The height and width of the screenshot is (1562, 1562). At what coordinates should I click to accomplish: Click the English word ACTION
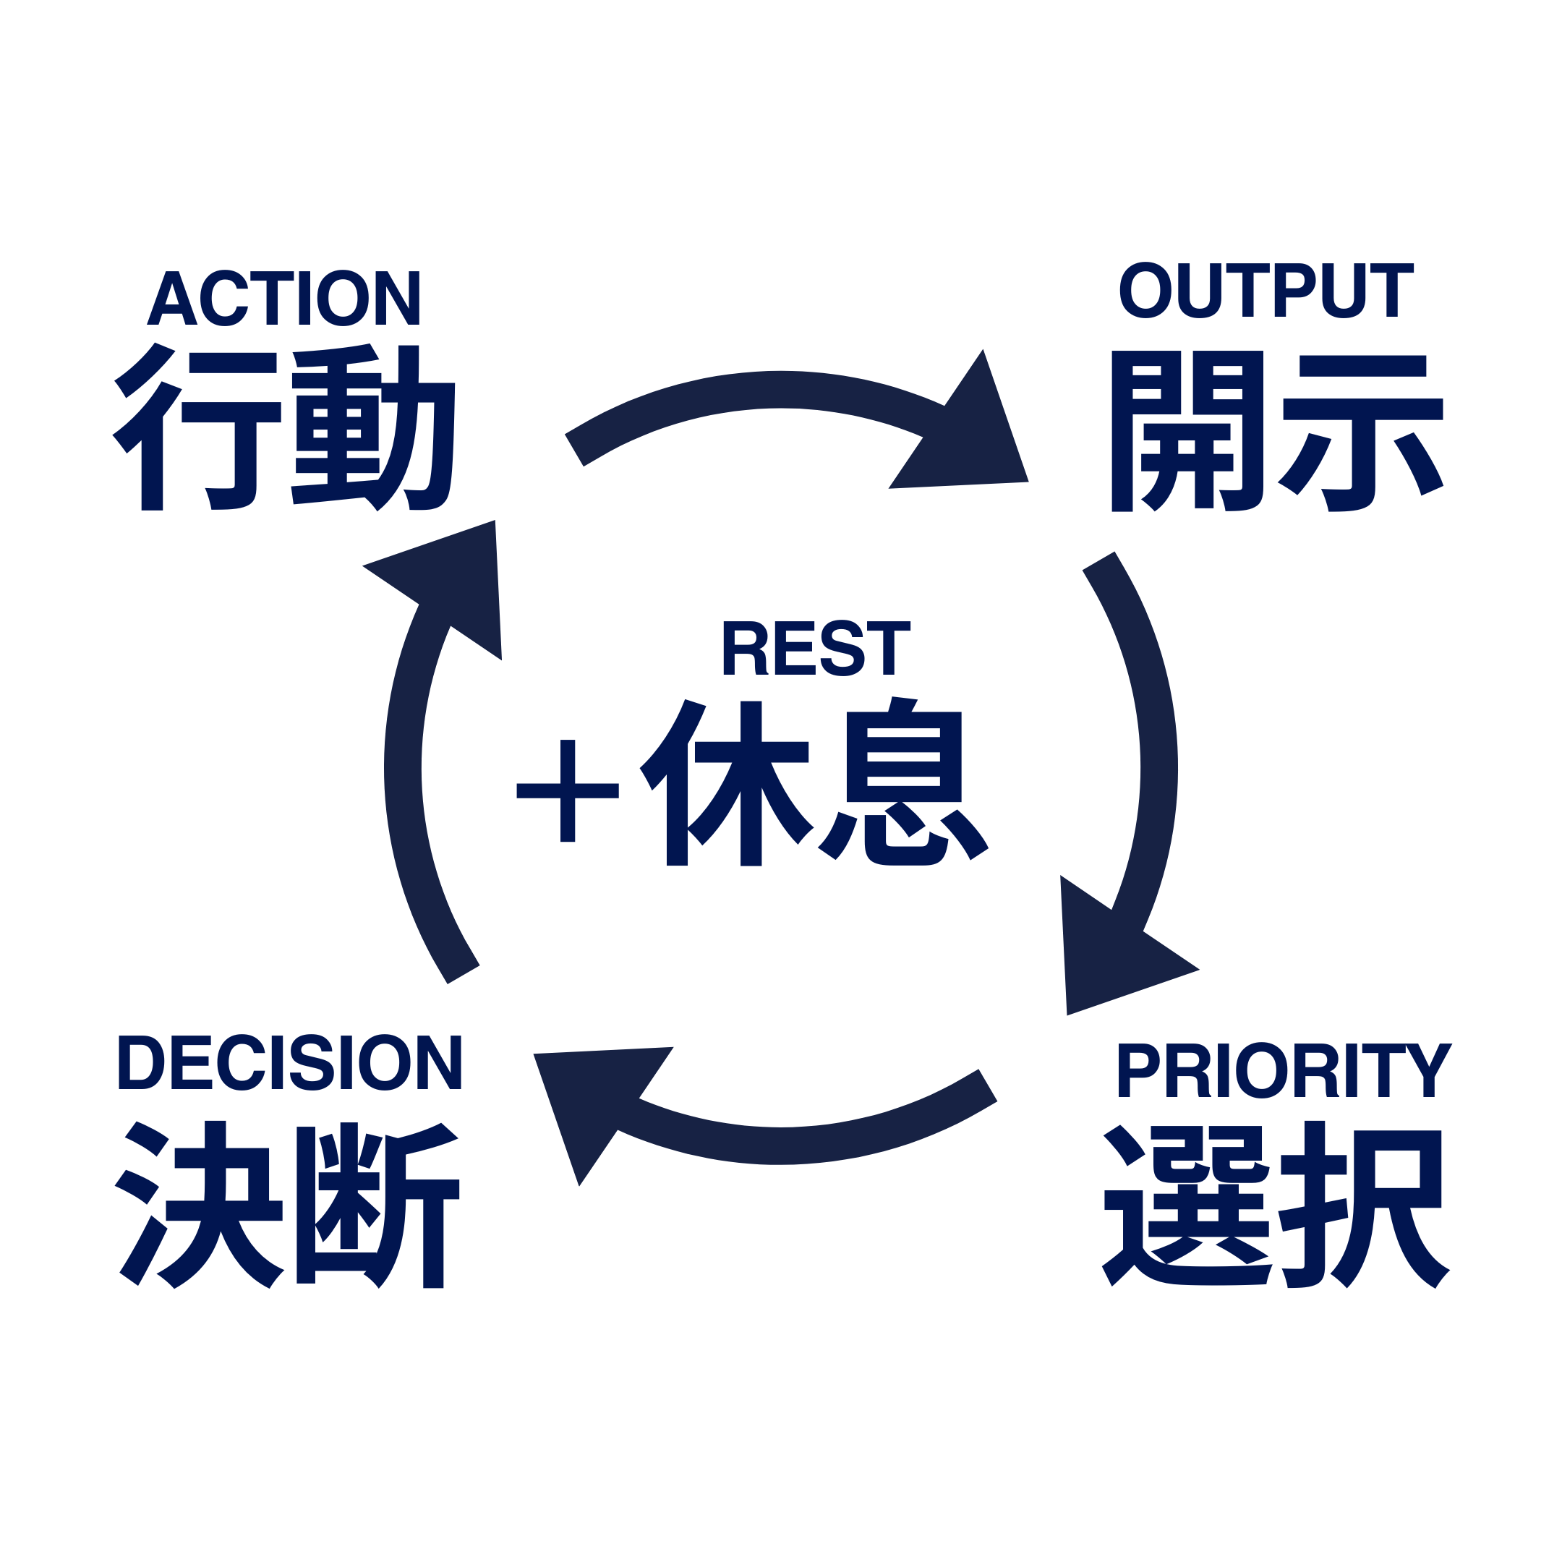(x=283, y=297)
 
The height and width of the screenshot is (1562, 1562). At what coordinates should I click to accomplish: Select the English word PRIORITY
(x=1285, y=1070)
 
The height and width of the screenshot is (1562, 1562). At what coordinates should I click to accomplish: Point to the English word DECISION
(x=289, y=1062)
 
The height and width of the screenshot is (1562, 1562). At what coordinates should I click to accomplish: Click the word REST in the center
(x=816, y=649)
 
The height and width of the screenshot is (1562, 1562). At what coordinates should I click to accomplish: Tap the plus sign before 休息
(x=568, y=790)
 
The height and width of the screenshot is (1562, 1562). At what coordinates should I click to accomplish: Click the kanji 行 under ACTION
(x=197, y=427)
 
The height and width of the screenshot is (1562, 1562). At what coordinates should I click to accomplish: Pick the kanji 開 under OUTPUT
(x=1187, y=431)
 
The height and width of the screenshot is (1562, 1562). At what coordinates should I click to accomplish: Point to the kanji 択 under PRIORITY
(x=1365, y=1205)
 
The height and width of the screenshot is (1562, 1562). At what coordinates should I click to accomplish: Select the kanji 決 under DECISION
(x=199, y=1205)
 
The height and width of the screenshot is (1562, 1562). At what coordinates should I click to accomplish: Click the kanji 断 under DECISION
(x=377, y=1205)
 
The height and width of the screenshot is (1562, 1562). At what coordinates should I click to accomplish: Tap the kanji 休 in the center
(x=726, y=782)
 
